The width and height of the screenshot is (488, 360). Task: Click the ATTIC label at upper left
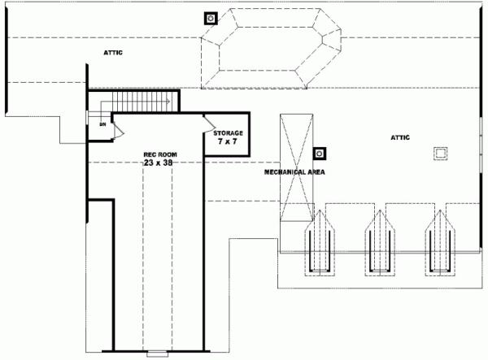(x=113, y=53)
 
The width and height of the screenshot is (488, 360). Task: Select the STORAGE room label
(x=228, y=132)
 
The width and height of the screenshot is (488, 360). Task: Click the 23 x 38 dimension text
(x=159, y=163)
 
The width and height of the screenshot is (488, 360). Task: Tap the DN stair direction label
(x=102, y=124)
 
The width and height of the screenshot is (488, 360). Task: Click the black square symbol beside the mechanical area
(x=320, y=152)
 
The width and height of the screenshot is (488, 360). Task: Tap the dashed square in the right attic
(x=442, y=152)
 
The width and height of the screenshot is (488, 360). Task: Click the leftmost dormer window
(x=319, y=241)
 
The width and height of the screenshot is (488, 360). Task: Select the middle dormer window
(x=378, y=241)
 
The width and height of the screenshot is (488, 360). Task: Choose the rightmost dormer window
(x=438, y=241)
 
